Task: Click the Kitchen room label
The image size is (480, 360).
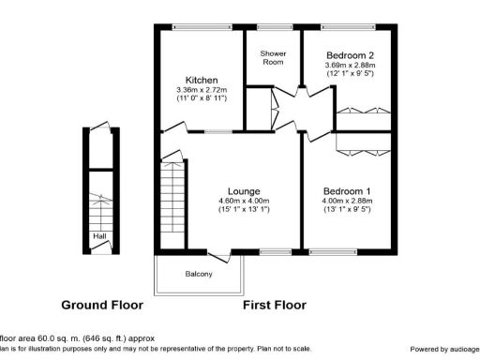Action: point(202,80)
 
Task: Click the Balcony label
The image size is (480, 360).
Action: point(199,274)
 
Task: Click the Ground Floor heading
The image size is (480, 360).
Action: point(102,305)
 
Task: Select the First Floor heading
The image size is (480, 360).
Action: point(275,305)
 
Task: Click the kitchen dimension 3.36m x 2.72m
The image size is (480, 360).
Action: point(202,90)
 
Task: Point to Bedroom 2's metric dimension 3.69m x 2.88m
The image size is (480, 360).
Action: point(348,65)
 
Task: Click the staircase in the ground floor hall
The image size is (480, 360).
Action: point(98,208)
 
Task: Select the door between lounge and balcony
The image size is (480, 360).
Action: point(218,253)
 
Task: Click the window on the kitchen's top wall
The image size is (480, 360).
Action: point(201,27)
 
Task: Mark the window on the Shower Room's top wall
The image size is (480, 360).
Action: point(273,27)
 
